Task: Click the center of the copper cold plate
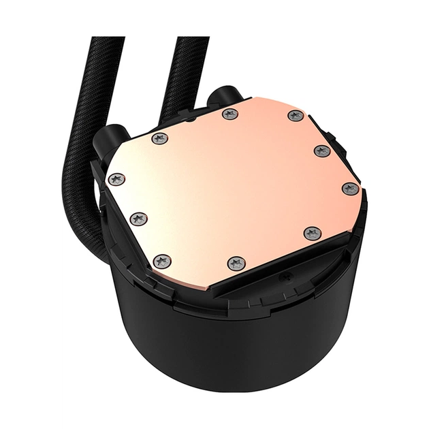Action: pyautogui.click(x=232, y=187)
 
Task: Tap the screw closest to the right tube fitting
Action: pyautogui.click(x=230, y=114)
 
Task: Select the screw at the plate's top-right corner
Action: pyautogui.click(x=295, y=116)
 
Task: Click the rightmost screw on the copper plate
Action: pyautogui.click(x=350, y=189)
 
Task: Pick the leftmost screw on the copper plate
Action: pyautogui.click(x=116, y=180)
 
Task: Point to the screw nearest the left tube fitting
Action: pyautogui.click(x=160, y=138)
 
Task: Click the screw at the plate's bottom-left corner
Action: pyautogui.click(x=162, y=261)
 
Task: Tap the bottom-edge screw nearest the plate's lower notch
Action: pyautogui.click(x=236, y=263)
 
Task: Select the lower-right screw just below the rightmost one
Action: pyautogui.click(x=312, y=234)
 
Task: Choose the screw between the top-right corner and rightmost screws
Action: pyautogui.click(x=322, y=150)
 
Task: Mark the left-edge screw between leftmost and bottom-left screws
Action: pyautogui.click(x=138, y=219)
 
